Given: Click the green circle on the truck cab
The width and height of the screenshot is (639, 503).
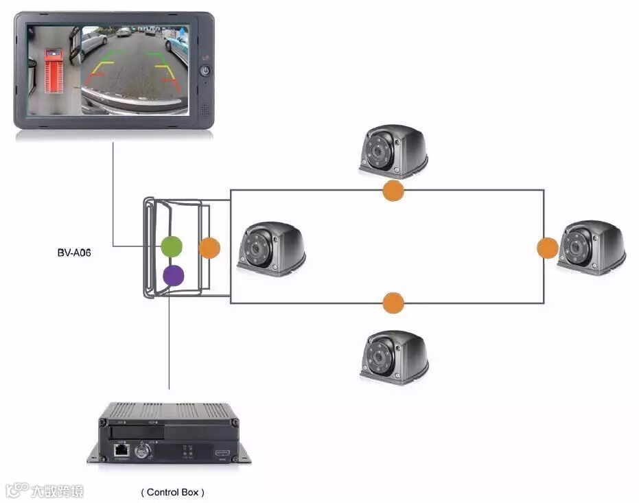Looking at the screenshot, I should click(x=171, y=246).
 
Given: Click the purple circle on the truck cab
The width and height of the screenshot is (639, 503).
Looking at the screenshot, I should click(x=174, y=276).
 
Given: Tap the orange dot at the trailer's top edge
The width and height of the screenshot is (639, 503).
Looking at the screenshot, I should click(x=393, y=191).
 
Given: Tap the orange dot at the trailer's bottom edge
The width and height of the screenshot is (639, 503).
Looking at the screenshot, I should click(x=393, y=302).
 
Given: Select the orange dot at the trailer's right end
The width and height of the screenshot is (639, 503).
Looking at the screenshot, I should click(x=547, y=248).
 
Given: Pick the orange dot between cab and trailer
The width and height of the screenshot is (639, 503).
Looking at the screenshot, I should click(x=209, y=248).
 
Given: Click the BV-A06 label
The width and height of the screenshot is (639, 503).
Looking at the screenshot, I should click(x=74, y=253).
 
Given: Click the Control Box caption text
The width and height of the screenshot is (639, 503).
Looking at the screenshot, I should click(x=172, y=492).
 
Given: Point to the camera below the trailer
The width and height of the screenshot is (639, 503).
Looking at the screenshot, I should click(x=394, y=357).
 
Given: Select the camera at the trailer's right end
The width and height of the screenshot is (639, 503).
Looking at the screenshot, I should click(x=591, y=248).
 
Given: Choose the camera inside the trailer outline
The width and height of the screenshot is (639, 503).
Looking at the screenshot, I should click(x=271, y=248).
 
